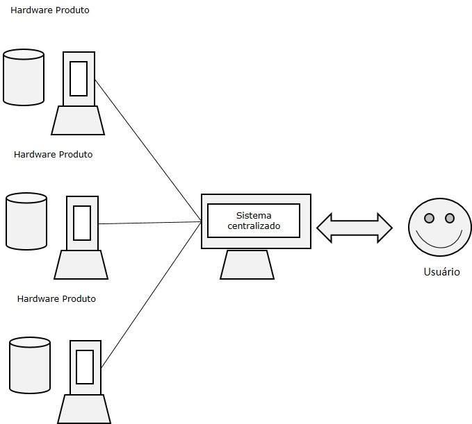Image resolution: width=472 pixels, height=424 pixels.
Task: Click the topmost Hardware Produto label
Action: point(49,10)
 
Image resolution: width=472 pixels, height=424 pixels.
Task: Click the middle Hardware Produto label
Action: point(53,154)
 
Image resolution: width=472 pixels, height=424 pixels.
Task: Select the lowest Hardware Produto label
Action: point(56,298)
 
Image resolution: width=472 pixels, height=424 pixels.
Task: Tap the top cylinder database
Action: point(24,77)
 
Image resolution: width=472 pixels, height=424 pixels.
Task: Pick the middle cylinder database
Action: point(26,221)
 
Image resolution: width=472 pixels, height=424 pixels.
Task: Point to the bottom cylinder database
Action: point(30,366)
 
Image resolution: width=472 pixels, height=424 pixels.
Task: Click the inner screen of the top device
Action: point(79,78)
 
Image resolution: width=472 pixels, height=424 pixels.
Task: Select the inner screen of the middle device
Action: point(82,223)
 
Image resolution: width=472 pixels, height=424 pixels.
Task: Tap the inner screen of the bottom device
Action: point(85,367)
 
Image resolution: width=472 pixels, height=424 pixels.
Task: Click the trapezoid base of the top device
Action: point(78,121)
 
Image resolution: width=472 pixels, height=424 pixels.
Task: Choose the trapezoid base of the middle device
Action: point(81,264)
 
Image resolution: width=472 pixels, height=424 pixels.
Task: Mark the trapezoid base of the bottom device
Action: point(84,409)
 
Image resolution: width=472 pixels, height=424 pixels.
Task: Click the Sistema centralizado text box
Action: point(254,221)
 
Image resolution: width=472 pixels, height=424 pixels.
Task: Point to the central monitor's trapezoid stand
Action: point(247,264)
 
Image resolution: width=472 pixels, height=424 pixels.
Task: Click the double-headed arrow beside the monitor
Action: point(354,228)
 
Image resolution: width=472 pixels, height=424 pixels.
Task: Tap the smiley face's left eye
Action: point(430,219)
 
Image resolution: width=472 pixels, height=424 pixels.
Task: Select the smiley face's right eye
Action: point(449,219)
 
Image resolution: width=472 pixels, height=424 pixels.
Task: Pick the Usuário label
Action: point(441,272)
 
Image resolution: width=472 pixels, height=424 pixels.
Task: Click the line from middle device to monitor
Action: point(149,223)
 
